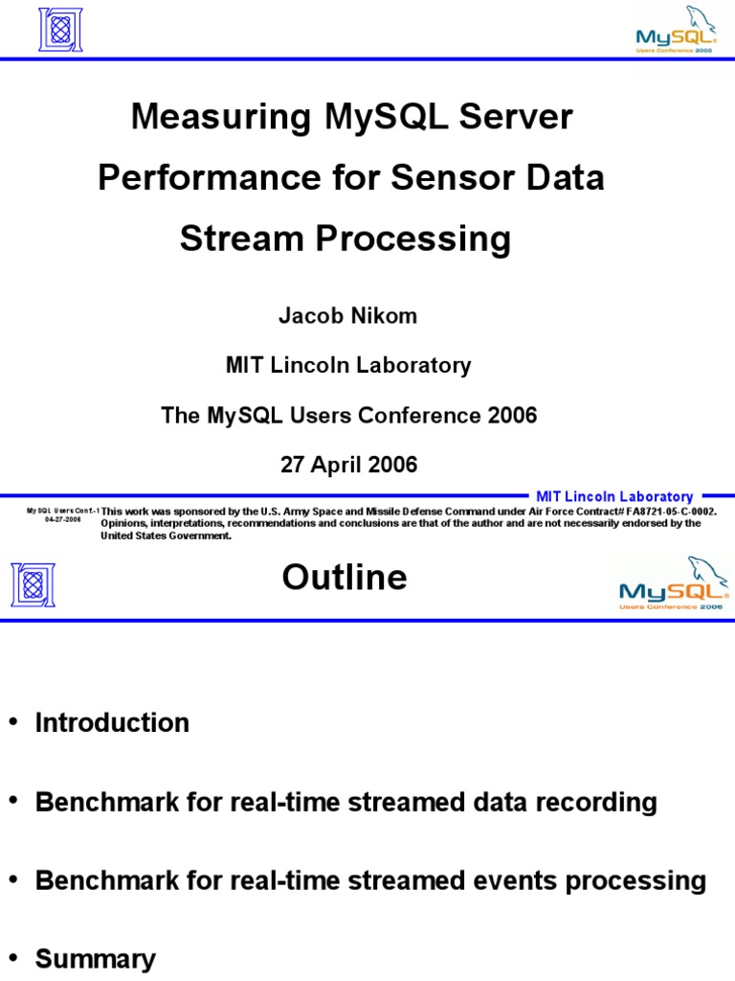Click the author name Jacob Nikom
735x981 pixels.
point(347,316)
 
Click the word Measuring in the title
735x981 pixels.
point(220,118)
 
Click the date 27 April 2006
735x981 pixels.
point(348,466)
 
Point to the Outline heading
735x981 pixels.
point(345,578)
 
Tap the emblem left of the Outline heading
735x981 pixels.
point(33,584)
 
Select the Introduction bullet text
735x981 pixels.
point(112,722)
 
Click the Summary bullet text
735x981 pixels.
point(95,959)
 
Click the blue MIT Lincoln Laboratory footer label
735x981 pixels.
point(614,496)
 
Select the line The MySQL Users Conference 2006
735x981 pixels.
point(348,416)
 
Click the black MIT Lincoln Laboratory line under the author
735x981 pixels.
point(348,365)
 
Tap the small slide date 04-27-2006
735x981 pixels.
point(62,519)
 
